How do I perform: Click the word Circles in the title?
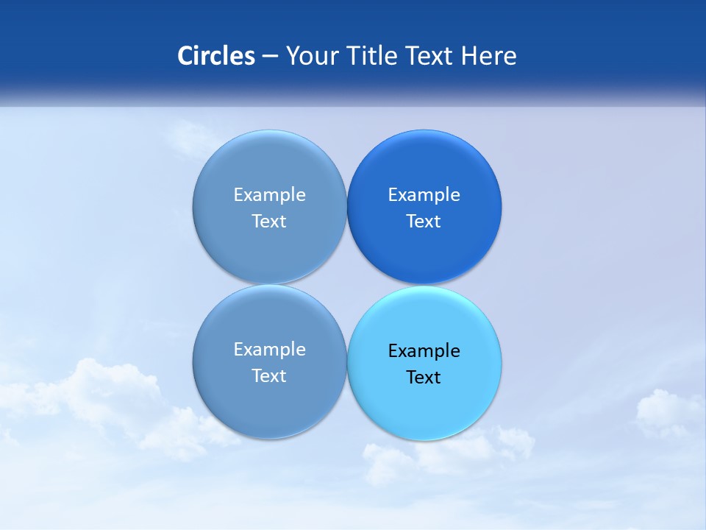(x=216, y=56)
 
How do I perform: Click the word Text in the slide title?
(x=432, y=56)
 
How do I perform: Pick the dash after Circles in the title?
(x=270, y=57)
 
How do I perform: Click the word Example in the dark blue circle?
(x=424, y=195)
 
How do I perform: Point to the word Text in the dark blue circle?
(x=424, y=222)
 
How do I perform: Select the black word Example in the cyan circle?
(x=424, y=351)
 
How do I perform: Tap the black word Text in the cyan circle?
(x=424, y=378)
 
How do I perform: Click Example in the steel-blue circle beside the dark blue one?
(x=269, y=195)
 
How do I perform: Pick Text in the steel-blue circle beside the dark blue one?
(x=269, y=222)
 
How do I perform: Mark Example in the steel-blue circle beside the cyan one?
(x=269, y=350)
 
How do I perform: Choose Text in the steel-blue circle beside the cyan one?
(x=269, y=376)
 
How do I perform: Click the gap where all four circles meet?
(x=346, y=284)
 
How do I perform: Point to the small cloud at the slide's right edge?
(x=668, y=412)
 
